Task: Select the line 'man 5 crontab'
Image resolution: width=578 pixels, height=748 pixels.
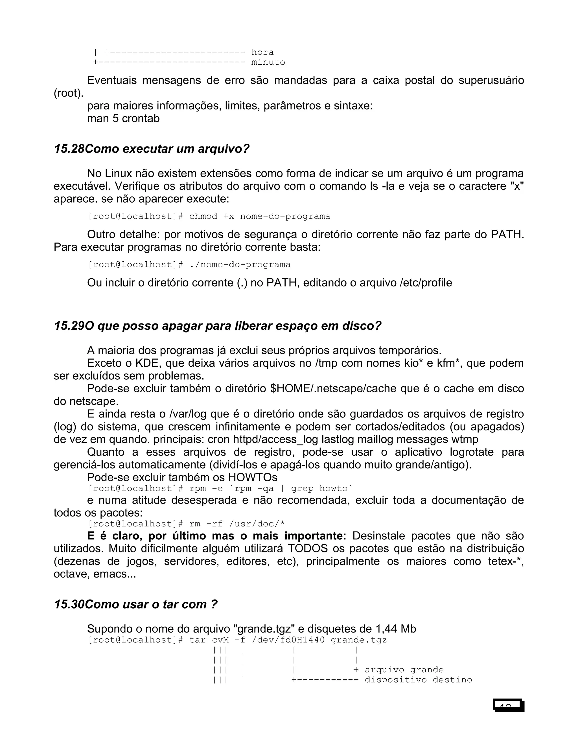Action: (x=123, y=119)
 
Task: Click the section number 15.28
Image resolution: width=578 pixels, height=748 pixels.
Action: (x=69, y=149)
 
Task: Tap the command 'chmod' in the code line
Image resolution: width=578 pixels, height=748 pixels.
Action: (x=203, y=216)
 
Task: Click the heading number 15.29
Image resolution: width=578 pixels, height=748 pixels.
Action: (x=69, y=326)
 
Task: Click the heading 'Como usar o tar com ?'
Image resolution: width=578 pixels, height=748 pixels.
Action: (x=151, y=605)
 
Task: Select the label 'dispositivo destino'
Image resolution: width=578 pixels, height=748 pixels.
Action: (x=418, y=680)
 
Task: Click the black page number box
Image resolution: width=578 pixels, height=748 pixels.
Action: (x=509, y=706)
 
